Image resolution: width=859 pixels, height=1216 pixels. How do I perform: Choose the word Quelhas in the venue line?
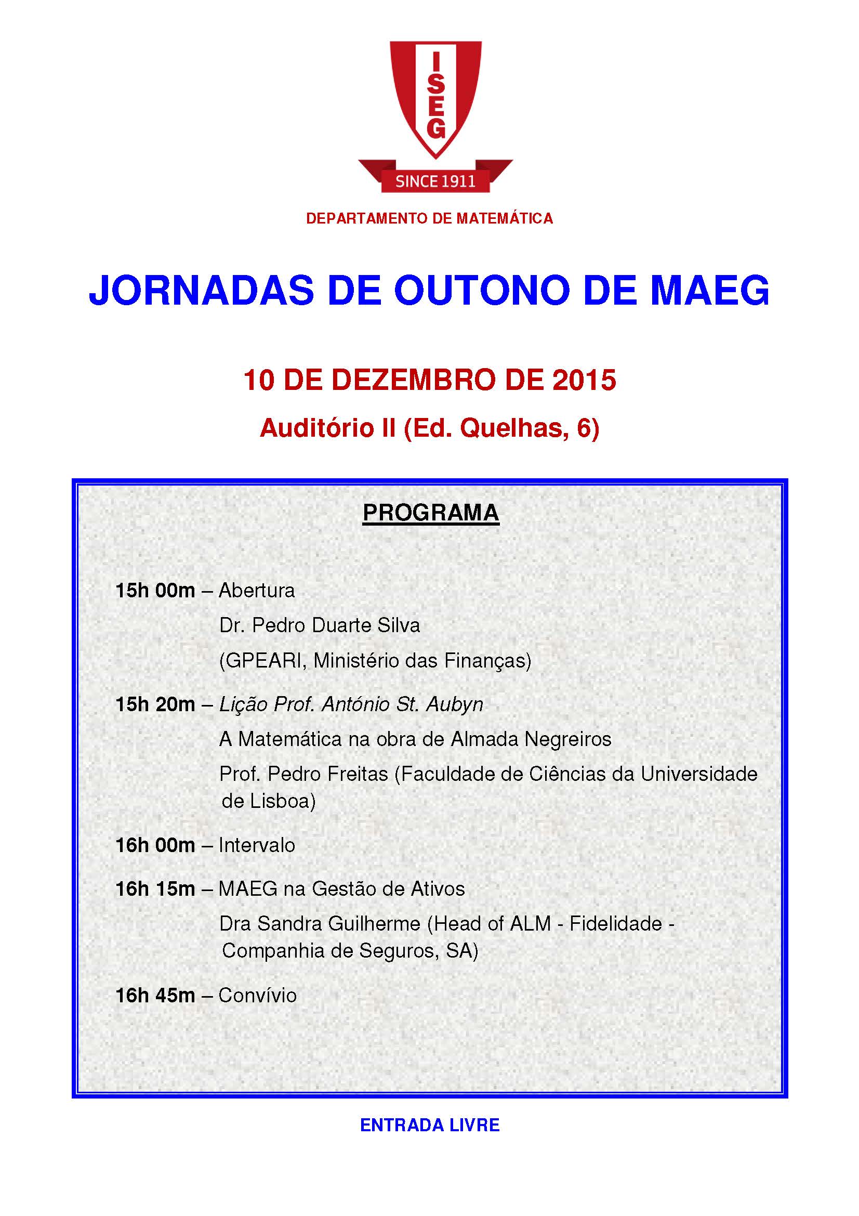click(510, 428)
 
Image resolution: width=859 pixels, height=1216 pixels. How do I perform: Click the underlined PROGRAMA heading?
click(430, 513)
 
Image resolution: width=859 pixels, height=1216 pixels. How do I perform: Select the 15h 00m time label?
click(155, 591)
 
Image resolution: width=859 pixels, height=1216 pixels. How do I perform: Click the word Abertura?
click(257, 591)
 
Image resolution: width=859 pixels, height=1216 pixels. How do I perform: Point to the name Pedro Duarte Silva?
click(336, 625)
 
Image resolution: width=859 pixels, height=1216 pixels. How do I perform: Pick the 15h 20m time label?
click(155, 704)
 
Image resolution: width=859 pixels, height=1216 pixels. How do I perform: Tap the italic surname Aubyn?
click(455, 704)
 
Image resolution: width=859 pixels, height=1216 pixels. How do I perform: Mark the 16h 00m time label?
click(155, 845)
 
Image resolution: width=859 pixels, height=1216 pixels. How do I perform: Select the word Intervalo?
click(257, 845)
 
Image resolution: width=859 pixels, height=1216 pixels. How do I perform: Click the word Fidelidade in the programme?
click(615, 924)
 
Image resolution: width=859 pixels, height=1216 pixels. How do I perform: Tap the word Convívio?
click(257, 996)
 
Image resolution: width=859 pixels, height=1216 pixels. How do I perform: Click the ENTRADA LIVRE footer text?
click(430, 1125)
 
